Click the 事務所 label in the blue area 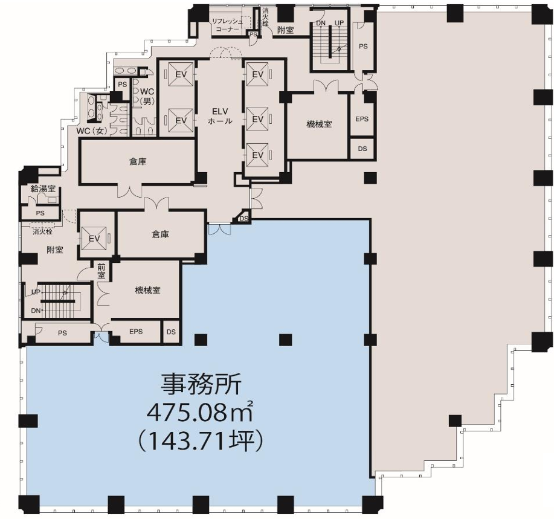[x=201, y=385]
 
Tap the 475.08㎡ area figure [x=200, y=412]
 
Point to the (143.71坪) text [x=201, y=440]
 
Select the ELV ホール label [x=220, y=116]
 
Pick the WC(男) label [x=147, y=97]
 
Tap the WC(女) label [x=92, y=131]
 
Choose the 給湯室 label [x=43, y=189]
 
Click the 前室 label [x=101, y=271]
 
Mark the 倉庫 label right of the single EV [x=160, y=234]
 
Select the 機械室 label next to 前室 [x=147, y=291]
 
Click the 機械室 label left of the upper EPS [x=319, y=124]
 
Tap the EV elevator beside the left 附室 [x=94, y=239]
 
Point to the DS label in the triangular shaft [x=244, y=219]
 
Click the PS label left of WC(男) [x=122, y=85]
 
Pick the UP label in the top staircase [x=339, y=23]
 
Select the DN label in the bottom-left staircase [x=36, y=311]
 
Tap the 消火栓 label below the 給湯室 [x=42, y=232]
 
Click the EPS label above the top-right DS [x=362, y=119]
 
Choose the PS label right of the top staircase [x=363, y=47]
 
